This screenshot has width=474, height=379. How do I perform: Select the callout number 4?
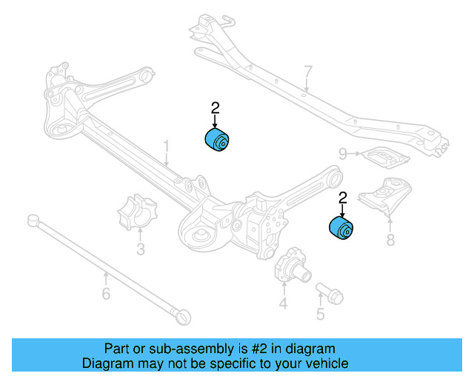(283, 303)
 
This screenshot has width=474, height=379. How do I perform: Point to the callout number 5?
(320, 314)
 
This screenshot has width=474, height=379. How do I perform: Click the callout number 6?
(106, 295)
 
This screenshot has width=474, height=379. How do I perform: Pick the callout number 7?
(308, 72)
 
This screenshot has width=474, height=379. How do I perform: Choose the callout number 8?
(390, 239)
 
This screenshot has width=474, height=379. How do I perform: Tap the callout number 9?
(343, 153)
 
